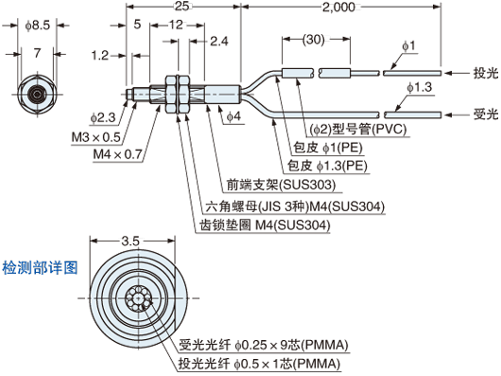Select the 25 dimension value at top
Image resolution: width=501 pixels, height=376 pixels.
coord(181,8)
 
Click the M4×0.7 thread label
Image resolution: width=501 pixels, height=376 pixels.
coord(117,153)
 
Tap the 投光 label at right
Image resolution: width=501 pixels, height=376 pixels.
coord(484,72)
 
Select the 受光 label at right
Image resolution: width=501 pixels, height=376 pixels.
coord(484,114)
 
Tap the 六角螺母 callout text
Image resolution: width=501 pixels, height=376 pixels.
coord(287,206)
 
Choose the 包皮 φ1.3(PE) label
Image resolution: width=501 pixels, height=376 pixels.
coord(326,165)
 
